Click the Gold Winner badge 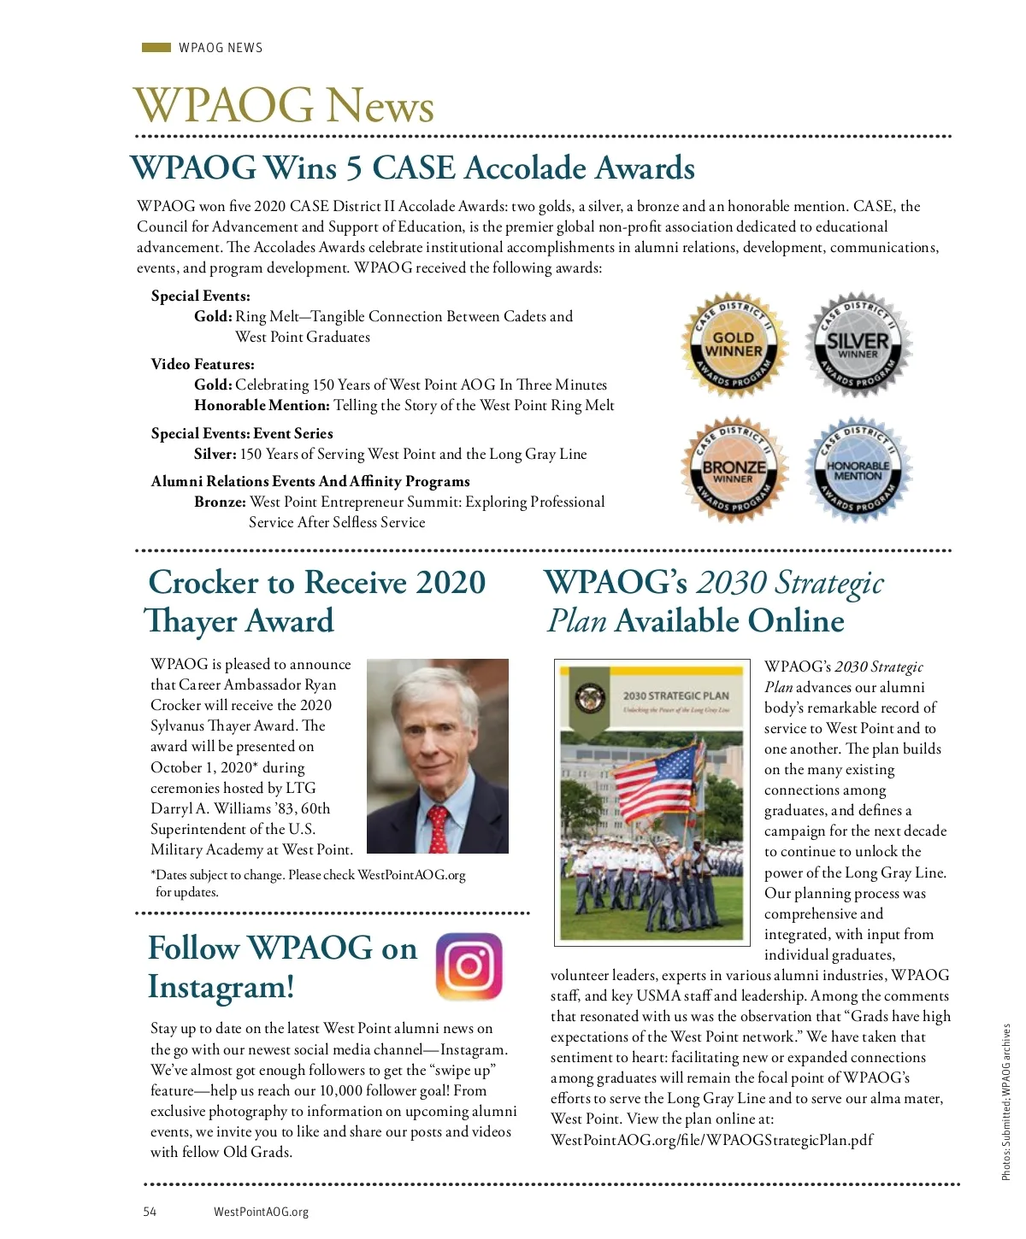pos(733,344)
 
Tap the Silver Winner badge pos(858,344)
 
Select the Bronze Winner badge pos(733,470)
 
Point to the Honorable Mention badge pos(858,470)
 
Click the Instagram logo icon pos(469,966)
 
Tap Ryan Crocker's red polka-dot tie pos(438,827)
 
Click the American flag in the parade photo pos(657,778)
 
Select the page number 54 pos(150,1212)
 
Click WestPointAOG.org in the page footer pos(261,1212)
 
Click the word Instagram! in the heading pos(221,987)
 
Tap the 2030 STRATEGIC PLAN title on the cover pos(675,696)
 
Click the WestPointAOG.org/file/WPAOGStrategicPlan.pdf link pos(711,1140)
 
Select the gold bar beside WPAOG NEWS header pos(156,48)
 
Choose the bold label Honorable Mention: pos(262,406)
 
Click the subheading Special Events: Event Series pos(242,433)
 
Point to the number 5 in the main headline pos(353,168)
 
